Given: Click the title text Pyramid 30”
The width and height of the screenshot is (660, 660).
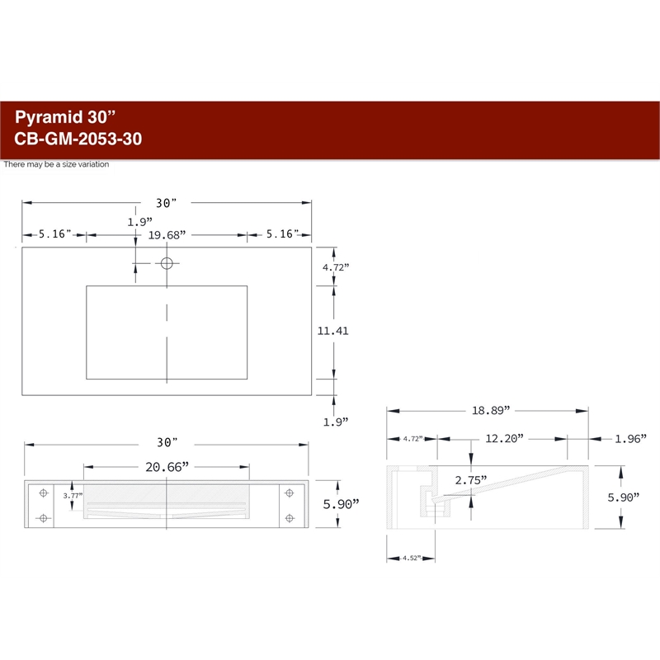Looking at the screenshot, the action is coord(65,117).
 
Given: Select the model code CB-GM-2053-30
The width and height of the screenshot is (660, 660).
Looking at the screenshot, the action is coord(78,139).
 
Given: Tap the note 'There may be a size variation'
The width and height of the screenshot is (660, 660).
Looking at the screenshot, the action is coord(56,164).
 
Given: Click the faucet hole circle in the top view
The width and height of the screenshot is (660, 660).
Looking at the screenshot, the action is coord(167,263).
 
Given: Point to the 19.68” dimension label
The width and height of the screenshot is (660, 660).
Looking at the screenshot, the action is coord(167,235).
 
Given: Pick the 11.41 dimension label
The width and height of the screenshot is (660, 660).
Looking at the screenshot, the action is coord(332,331).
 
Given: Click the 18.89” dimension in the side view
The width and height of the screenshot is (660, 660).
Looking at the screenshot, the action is coord(490,410).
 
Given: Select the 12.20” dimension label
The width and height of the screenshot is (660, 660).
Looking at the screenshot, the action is coord(504,439).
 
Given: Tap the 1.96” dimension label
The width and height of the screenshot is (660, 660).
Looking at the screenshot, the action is coord(630,439).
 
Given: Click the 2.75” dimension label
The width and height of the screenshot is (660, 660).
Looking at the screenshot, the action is coord(471,480).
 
